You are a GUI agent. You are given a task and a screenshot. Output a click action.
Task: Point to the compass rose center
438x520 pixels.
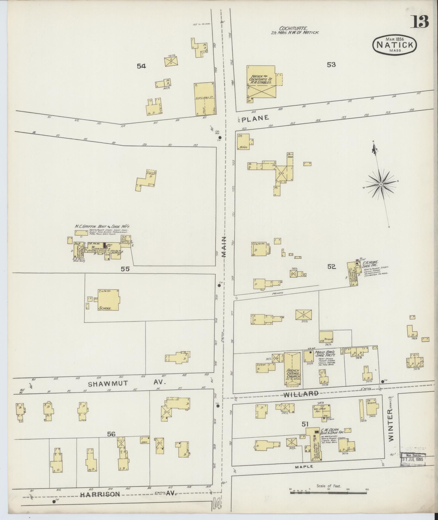click(381, 184)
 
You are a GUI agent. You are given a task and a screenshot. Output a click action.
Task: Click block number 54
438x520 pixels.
click(141, 66)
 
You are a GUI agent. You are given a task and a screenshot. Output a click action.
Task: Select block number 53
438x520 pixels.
click(331, 64)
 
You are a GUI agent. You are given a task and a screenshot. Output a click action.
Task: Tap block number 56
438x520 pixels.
click(111, 434)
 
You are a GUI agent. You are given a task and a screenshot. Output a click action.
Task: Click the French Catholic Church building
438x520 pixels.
click(292, 369)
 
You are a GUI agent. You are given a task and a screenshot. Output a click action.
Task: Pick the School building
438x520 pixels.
click(108, 300)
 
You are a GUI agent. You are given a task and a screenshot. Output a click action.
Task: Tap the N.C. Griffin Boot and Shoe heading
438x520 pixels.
click(102, 226)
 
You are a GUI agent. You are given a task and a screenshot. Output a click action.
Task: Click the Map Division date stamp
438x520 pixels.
click(413, 460)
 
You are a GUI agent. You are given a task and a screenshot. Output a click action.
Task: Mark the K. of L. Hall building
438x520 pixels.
click(204, 99)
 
